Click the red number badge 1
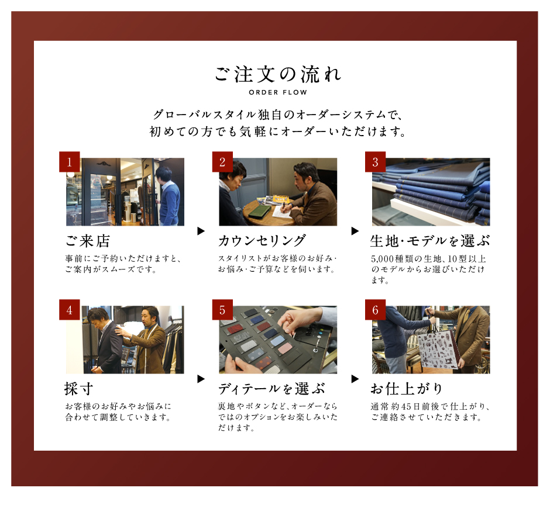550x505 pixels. click(70, 161)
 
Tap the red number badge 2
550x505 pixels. click(222, 161)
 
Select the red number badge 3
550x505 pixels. click(375, 161)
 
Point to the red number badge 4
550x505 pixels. click(70, 309)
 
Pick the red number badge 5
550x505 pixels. click(222, 309)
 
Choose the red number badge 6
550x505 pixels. click(375, 309)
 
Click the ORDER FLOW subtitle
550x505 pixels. click(278, 92)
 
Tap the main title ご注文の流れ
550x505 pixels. click(278, 74)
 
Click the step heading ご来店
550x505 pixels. click(88, 241)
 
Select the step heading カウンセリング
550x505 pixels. click(262, 241)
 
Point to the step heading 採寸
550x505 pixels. click(78, 389)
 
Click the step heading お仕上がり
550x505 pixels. click(407, 389)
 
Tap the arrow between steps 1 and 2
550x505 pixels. click(201, 231)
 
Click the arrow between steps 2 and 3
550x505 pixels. click(355, 231)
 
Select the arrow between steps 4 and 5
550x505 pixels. click(201, 379)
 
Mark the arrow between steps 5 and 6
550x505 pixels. click(355, 379)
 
